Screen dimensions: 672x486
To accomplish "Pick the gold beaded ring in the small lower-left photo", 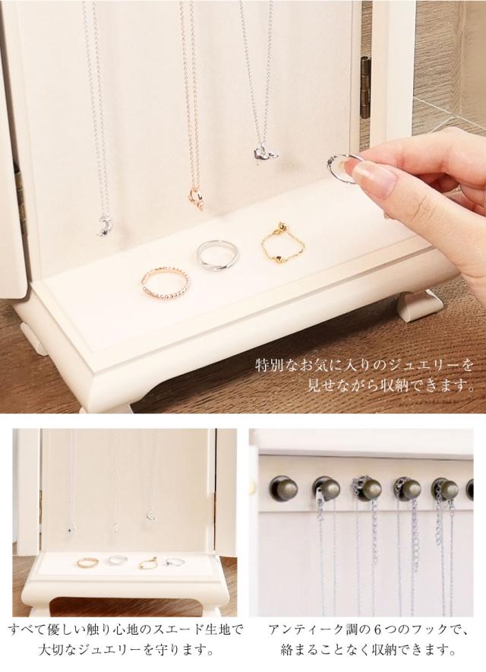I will [x=86, y=562].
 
